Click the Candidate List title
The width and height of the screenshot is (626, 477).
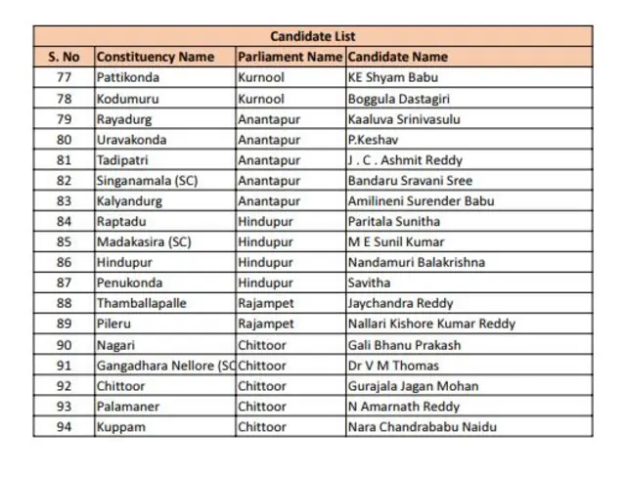tap(312, 36)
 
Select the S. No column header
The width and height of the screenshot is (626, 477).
tap(64, 57)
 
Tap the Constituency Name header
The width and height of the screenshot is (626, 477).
tap(156, 57)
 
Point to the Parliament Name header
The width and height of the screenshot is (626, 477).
tap(290, 57)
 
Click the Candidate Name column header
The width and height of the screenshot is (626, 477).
tap(398, 57)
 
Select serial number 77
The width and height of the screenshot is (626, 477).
tap(65, 77)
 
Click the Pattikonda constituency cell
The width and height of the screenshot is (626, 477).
tap(128, 77)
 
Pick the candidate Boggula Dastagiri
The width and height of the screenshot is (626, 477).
tap(397, 99)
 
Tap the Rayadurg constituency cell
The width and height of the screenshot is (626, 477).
tap(125, 119)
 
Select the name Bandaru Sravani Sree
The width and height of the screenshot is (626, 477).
tap(410, 181)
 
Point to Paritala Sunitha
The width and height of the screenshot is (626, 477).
tap(394, 222)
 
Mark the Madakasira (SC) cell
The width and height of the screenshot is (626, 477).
tap(144, 241)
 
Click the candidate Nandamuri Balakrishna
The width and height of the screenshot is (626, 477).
tap(417, 262)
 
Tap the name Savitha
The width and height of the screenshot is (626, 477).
tap(369, 282)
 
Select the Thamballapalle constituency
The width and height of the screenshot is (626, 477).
tap(141, 303)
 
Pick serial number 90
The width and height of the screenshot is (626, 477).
tap(65, 345)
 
